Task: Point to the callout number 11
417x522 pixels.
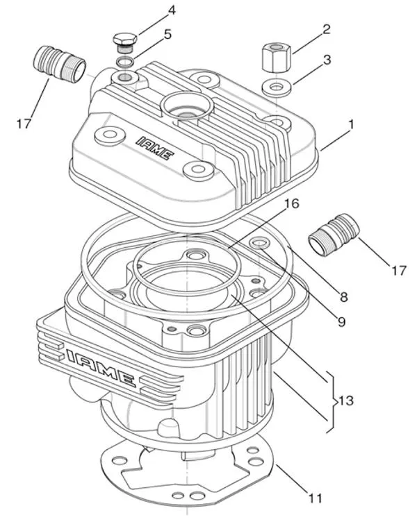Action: pos(315,498)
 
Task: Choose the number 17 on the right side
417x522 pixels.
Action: pos(398,271)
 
